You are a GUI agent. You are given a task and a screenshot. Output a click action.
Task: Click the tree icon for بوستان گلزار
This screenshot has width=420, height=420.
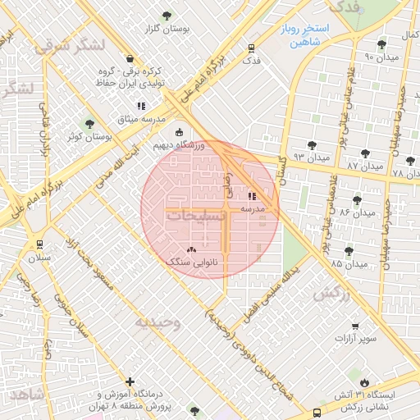[x=167, y=16]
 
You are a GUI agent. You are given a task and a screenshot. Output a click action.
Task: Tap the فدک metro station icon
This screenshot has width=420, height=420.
[x=251, y=48]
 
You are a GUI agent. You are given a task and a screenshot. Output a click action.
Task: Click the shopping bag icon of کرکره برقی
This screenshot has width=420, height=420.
[x=130, y=57]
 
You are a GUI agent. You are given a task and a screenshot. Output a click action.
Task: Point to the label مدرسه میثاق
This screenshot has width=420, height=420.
[x=116, y=120]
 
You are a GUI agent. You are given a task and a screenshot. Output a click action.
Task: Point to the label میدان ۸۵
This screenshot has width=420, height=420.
[x=348, y=264]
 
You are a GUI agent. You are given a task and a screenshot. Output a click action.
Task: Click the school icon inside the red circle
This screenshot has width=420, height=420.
[x=251, y=196]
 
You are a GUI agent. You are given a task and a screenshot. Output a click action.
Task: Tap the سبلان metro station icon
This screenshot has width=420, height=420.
[x=39, y=244]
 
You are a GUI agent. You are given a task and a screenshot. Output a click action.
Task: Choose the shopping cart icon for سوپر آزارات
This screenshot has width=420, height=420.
[x=355, y=326]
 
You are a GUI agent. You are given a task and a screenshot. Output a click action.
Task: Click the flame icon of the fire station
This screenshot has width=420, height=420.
[x=364, y=382]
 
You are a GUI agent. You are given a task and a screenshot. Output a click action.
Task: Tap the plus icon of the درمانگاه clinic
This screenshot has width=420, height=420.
[x=130, y=381]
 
